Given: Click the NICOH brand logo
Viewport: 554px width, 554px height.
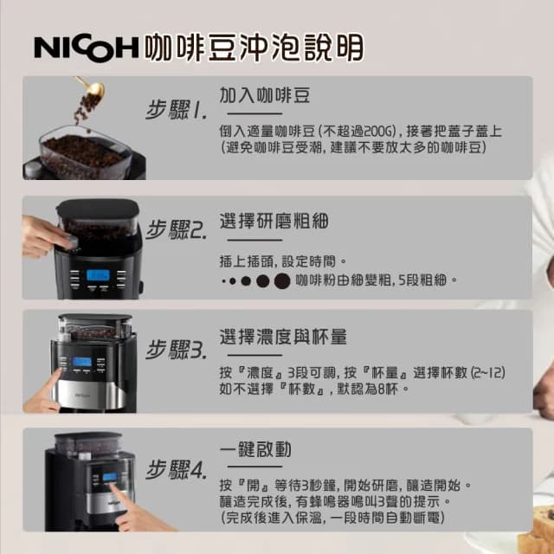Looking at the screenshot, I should (x=85, y=48).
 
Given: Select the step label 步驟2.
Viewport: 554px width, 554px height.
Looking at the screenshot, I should (x=176, y=230).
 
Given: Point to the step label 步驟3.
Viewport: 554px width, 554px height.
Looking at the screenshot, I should (x=176, y=350).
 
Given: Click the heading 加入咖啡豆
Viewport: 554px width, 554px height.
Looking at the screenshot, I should (x=265, y=94).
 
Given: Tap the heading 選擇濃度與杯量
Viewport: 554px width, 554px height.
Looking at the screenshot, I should (x=283, y=336).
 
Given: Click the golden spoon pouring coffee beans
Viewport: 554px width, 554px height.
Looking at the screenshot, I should (x=90, y=87).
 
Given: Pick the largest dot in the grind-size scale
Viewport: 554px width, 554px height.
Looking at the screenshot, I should (x=282, y=280).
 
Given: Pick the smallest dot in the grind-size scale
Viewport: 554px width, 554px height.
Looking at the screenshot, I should (x=222, y=281).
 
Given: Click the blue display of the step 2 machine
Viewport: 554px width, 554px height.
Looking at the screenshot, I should (x=97, y=276).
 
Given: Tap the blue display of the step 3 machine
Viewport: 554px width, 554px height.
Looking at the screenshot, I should (x=82, y=363).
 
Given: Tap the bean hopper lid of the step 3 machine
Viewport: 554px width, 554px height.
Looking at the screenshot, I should (x=96, y=319).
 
